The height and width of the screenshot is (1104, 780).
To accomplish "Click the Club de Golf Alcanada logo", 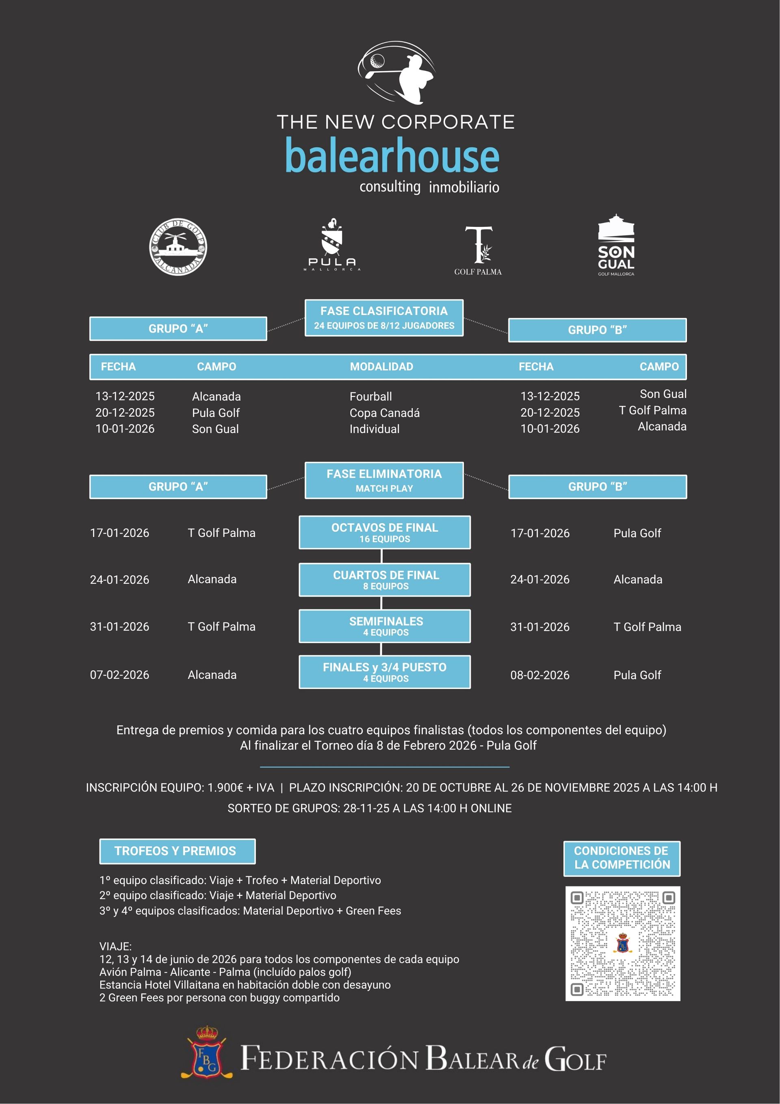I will click(x=178, y=247).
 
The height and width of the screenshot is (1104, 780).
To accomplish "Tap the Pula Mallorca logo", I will click(x=331, y=244).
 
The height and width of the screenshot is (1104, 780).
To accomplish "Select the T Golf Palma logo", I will click(x=478, y=250).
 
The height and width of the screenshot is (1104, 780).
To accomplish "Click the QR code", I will click(x=622, y=943).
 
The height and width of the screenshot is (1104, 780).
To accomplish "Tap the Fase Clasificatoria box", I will click(x=384, y=317).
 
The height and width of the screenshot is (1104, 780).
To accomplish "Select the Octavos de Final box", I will click(x=384, y=532).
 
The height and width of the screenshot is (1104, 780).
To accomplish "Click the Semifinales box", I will click(x=384, y=626).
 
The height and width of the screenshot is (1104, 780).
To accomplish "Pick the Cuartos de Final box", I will click(x=384, y=579).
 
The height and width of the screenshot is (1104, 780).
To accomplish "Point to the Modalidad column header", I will click(x=381, y=366).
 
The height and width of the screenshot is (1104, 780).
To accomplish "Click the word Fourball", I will click(x=370, y=397).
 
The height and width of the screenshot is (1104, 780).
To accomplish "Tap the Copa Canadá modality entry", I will click(x=384, y=413).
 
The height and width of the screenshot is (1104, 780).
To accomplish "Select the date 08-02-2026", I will click(x=540, y=675).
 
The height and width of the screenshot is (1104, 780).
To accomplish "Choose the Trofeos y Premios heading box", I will click(x=177, y=851).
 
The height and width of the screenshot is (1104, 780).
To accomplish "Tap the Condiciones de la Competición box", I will click(x=622, y=858).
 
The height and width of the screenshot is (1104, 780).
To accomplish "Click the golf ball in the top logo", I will click(x=377, y=61).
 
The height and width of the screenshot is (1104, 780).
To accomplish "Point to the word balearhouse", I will click(x=392, y=156).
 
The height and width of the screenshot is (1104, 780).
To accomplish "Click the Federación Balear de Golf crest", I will click(x=207, y=1053).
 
